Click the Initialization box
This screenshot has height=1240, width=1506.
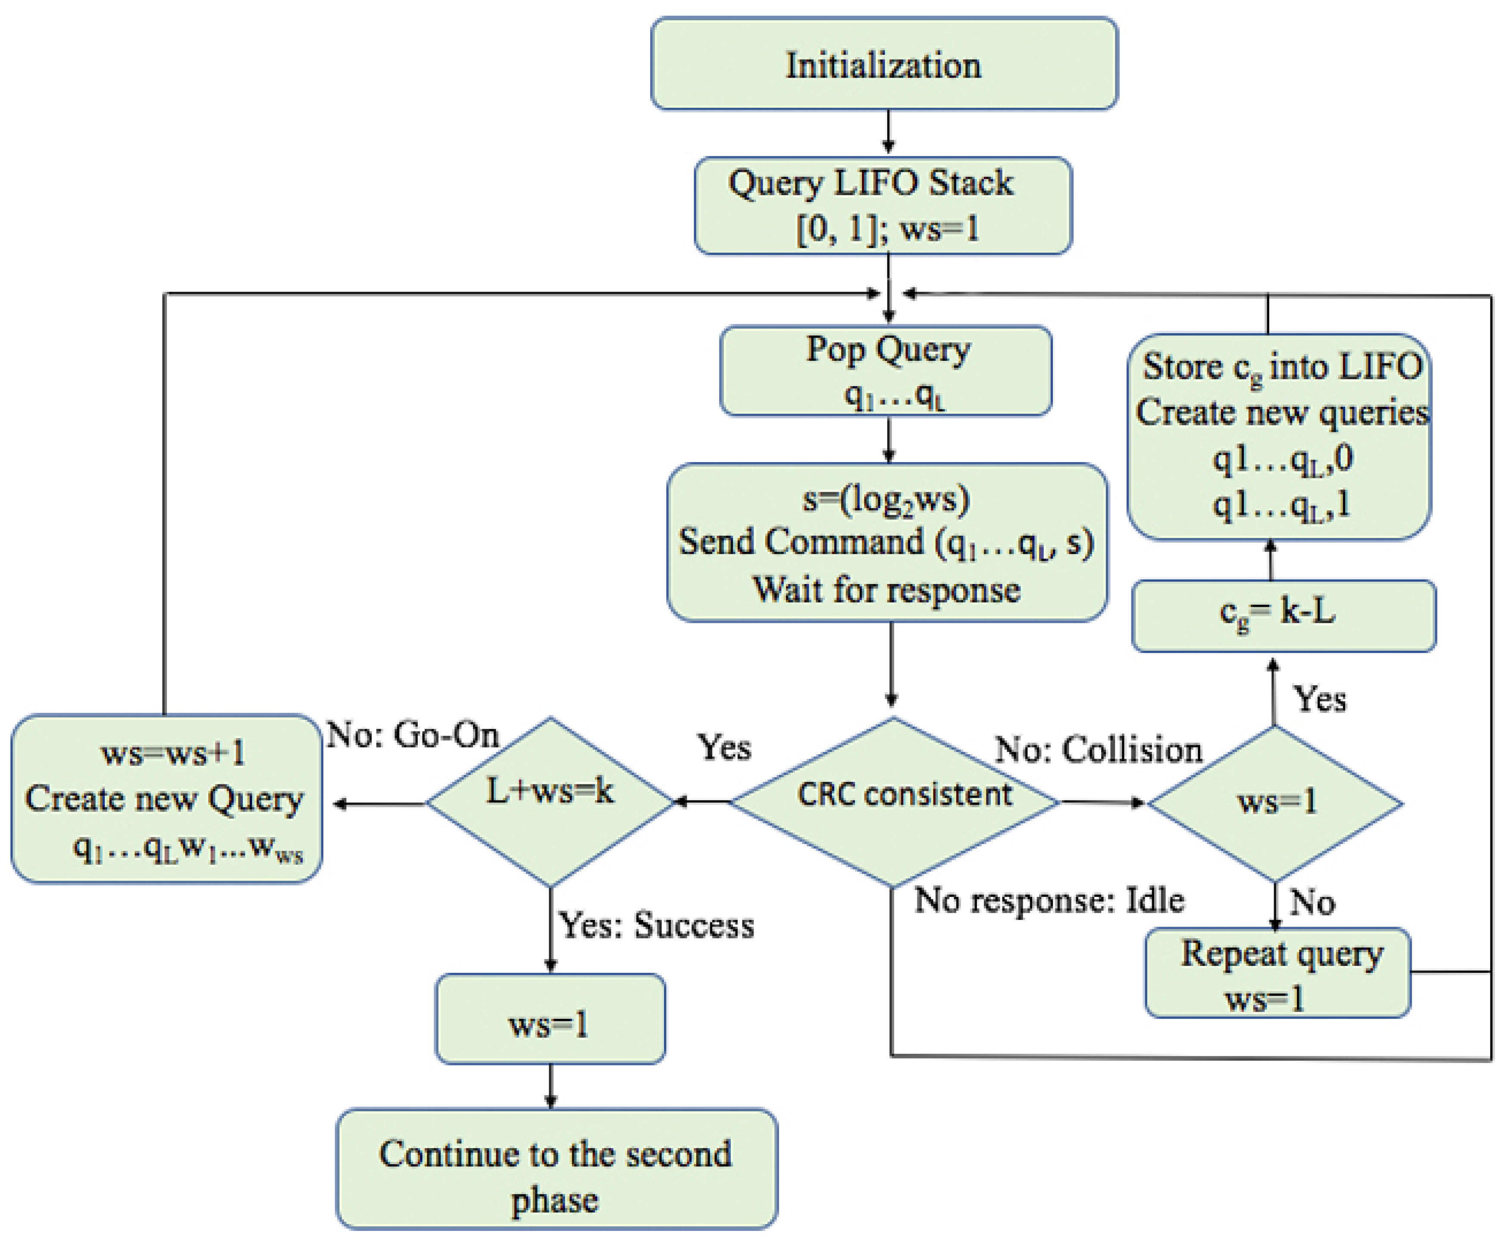coord(884,63)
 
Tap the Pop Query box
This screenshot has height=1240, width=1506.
coord(886,371)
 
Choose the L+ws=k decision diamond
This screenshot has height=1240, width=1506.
coord(550,802)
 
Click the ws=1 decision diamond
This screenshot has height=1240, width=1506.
coord(1275,803)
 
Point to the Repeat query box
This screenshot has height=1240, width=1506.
coord(1277,972)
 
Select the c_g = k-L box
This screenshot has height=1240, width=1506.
coord(1284,616)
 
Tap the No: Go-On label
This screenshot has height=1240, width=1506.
coord(412,735)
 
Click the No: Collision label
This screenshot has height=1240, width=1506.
coord(1099,750)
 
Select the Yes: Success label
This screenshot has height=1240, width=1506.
coord(656,926)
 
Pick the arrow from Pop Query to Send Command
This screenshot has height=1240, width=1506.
coord(889,439)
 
